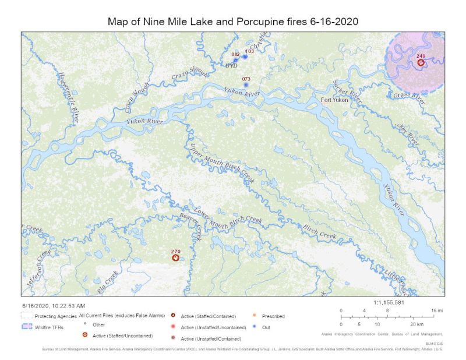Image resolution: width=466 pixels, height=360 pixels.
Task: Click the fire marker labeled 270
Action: coord(175,257)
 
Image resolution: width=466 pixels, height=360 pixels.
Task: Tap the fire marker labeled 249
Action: coord(421,62)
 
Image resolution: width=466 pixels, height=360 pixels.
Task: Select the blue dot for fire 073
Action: coord(246,85)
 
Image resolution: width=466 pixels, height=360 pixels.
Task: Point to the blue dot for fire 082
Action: coord(235,60)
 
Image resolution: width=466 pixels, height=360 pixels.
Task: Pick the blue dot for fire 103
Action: coord(245,57)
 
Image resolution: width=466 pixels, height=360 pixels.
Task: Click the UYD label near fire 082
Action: coord(231,66)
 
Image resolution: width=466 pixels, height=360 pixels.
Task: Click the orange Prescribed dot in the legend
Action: coord(255,316)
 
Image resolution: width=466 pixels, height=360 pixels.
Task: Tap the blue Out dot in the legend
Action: coord(255,327)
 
